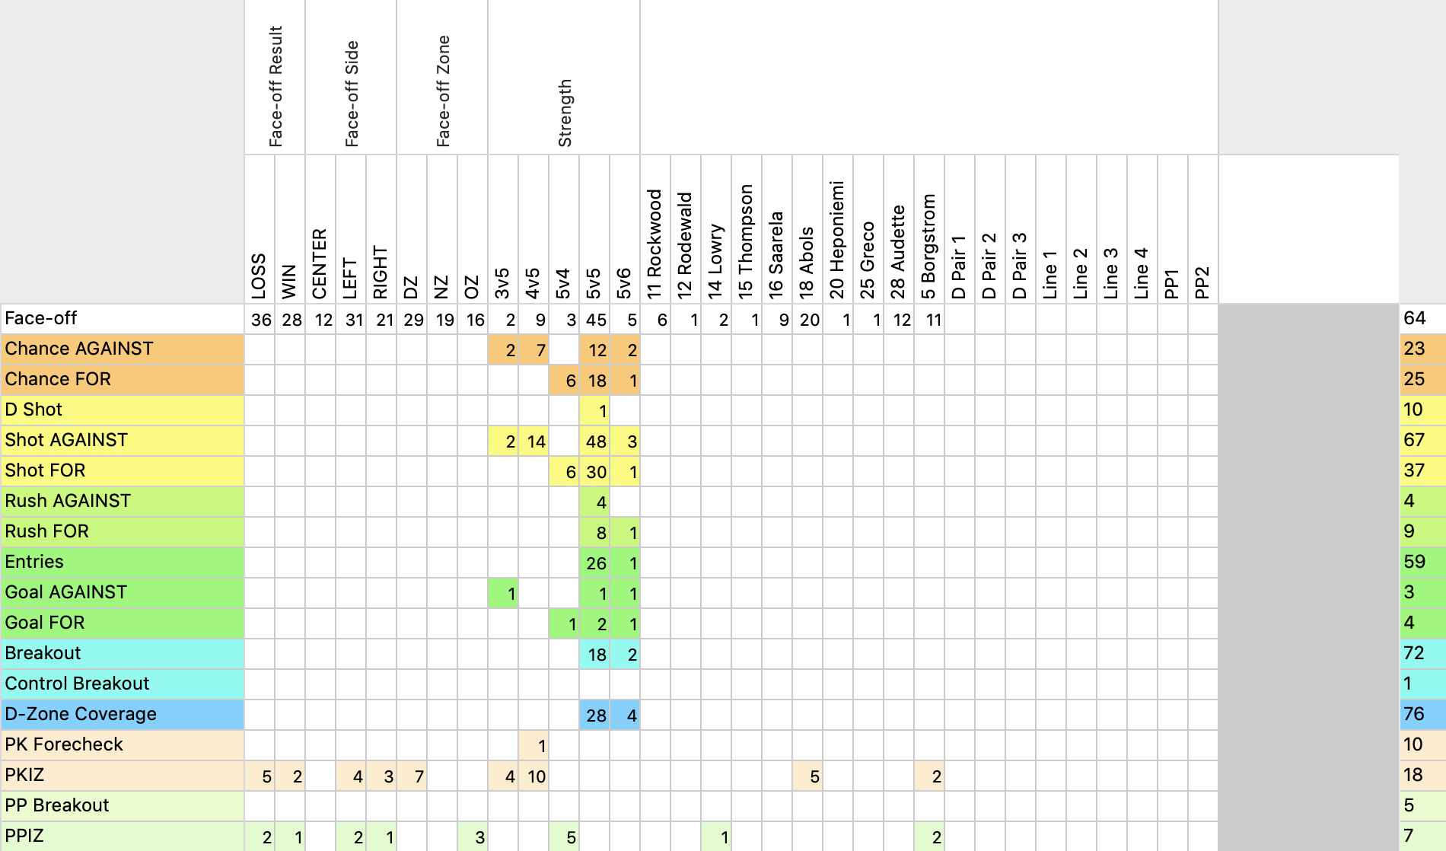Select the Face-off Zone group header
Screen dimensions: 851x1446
tap(442, 91)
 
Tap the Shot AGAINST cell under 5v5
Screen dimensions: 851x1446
tap(594, 441)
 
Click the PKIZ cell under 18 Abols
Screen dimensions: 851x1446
tap(807, 776)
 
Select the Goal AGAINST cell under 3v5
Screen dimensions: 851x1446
tap(503, 594)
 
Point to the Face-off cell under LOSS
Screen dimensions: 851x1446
tap(260, 320)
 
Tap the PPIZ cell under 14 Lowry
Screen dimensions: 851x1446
tap(716, 837)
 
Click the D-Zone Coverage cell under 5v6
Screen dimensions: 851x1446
tap(625, 716)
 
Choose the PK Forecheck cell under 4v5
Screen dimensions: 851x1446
tap(533, 746)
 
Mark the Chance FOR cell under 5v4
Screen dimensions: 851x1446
tap(564, 381)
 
